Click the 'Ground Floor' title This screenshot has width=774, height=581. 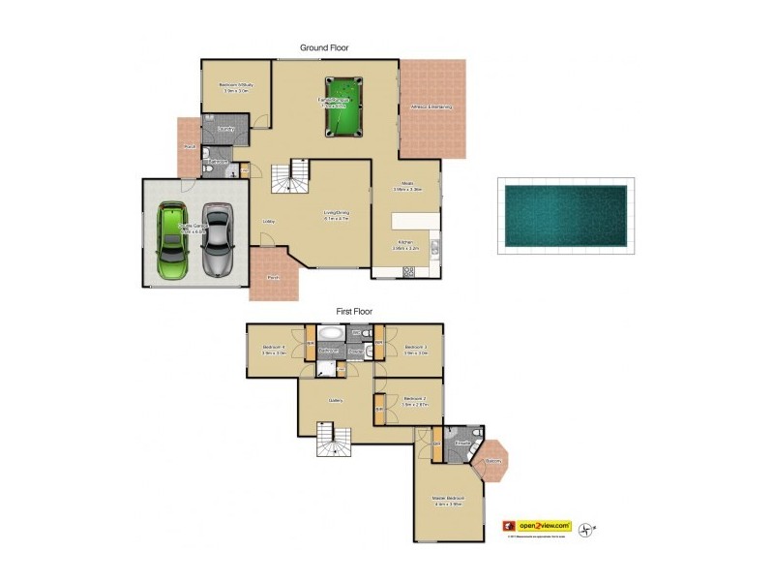(x=324, y=46)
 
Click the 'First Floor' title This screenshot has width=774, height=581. (x=354, y=311)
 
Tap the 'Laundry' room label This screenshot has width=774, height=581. (x=226, y=129)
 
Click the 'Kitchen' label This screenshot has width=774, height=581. (x=405, y=243)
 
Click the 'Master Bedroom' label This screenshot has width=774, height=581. (x=448, y=498)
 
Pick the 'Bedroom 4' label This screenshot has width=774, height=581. (x=275, y=347)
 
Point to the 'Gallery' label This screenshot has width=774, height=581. (x=336, y=400)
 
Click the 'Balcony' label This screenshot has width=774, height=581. (x=493, y=460)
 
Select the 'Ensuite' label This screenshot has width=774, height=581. (x=462, y=443)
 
